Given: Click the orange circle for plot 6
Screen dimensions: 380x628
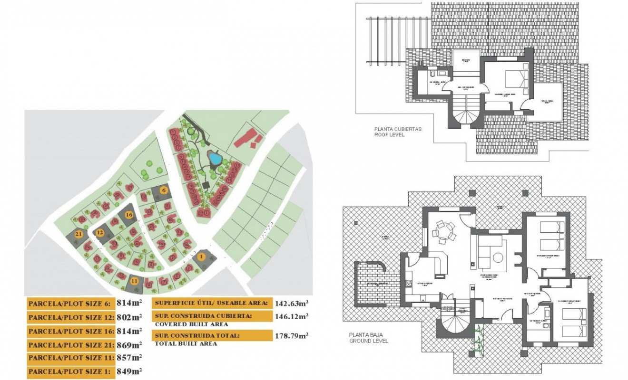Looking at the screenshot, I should click(164, 190).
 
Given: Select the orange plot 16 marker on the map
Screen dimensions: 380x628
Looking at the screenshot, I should click(128, 214).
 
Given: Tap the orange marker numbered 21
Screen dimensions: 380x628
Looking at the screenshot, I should click(79, 234).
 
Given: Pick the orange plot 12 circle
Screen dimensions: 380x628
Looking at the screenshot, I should click(100, 233).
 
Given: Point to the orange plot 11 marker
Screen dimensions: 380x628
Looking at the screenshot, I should click(135, 281).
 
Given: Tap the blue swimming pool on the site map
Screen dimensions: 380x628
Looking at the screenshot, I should click(215, 158).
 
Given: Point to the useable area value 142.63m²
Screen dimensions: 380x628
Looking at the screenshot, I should click(292, 303).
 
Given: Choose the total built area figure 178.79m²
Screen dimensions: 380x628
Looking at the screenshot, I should click(292, 336).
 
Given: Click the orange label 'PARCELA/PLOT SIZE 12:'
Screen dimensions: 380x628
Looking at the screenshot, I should click(70, 317).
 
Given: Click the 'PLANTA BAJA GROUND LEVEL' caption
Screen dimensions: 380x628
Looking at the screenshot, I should click(369, 338).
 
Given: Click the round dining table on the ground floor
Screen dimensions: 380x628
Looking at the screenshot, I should click(442, 232).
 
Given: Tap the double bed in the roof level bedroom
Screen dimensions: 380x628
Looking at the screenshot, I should click(516, 77).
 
